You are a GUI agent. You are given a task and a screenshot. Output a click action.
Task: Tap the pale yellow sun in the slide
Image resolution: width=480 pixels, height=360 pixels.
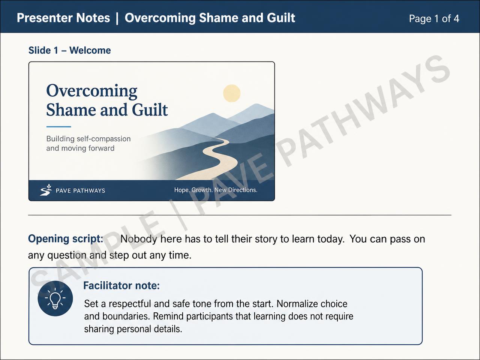click(232, 93)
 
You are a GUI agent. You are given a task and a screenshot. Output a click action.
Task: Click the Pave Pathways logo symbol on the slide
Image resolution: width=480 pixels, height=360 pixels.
click(46, 190)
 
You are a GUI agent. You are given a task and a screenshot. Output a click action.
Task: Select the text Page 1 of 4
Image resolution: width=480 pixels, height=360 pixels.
click(434, 19)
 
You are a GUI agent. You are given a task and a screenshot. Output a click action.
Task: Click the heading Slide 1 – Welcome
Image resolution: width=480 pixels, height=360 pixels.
click(69, 51)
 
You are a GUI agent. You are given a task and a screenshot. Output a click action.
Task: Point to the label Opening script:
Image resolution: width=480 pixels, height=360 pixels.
click(66, 239)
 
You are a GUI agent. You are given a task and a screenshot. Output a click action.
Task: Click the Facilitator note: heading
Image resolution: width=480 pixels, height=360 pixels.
click(121, 285)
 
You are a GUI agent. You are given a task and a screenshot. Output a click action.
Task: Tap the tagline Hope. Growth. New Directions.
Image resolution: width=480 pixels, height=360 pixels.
click(216, 190)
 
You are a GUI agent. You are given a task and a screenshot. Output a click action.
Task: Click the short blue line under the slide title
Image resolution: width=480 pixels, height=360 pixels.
click(58, 126)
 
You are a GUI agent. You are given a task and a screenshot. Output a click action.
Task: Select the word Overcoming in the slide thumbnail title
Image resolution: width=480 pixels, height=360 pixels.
click(91, 91)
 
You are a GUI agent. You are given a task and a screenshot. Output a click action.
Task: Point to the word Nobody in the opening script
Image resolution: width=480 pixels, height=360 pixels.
click(139, 239)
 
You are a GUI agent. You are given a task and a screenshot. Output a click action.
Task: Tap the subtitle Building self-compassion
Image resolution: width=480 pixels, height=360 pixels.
click(88, 139)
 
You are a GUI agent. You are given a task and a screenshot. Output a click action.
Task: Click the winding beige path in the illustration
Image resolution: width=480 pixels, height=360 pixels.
click(221, 158)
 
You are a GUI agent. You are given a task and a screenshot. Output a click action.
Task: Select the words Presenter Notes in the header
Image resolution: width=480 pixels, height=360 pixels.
click(63, 18)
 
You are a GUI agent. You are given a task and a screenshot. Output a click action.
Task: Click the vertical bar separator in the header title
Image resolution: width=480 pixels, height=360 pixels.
click(117, 18)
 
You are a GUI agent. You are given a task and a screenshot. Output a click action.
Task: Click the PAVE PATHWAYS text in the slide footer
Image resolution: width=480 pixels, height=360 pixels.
click(81, 190)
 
